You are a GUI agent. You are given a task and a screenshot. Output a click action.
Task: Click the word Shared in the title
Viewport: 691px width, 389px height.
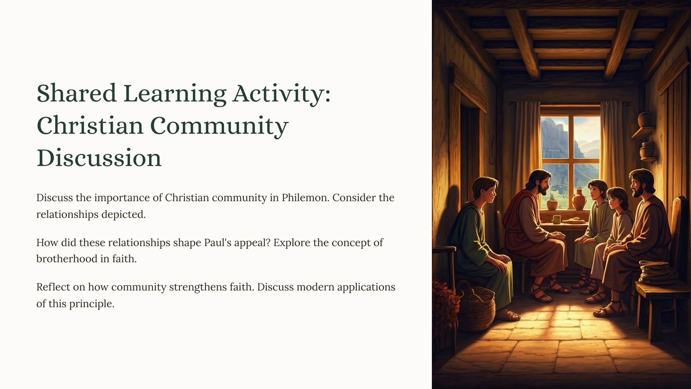tap(77, 93)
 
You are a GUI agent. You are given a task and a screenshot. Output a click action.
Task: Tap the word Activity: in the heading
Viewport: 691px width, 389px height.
tap(281, 94)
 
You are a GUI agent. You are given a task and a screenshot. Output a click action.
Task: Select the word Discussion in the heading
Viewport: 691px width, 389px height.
tap(99, 158)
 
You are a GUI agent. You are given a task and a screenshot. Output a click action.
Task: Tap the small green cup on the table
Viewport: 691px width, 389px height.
tap(556, 219)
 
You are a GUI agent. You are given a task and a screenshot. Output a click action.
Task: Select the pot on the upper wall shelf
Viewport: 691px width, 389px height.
tap(645, 120)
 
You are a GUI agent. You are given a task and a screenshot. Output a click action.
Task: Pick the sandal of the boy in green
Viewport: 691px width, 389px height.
tap(507, 315)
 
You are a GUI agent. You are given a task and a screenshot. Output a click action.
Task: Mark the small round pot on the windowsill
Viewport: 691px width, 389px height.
tap(552, 205)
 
